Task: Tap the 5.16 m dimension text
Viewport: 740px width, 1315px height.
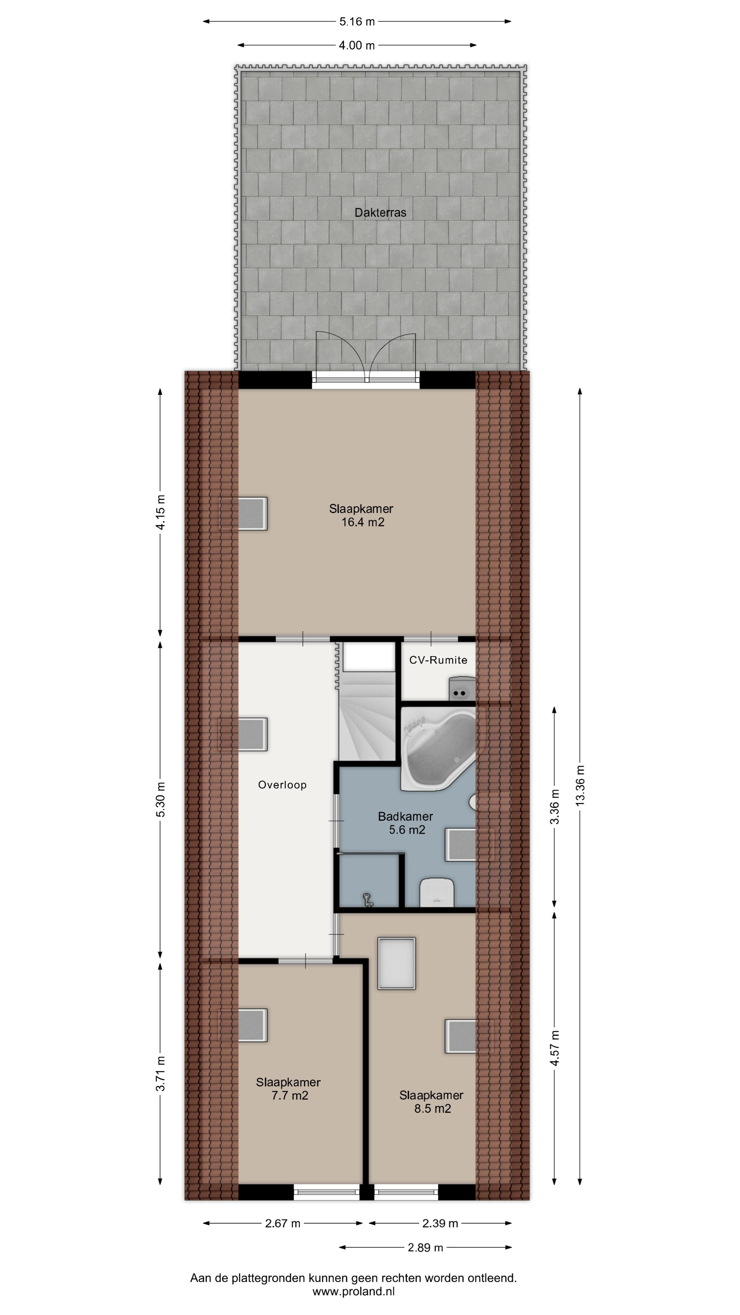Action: pos(357,22)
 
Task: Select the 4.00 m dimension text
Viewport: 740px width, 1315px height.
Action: pos(356,46)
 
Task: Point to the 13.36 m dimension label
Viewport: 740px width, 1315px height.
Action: pos(580,786)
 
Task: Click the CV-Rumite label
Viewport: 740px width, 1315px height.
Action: pos(438,660)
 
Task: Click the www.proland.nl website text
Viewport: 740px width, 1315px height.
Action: pos(354,1291)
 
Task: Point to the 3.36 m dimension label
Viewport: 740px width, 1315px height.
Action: pos(555,806)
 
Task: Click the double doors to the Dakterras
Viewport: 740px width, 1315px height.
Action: pos(366,357)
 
